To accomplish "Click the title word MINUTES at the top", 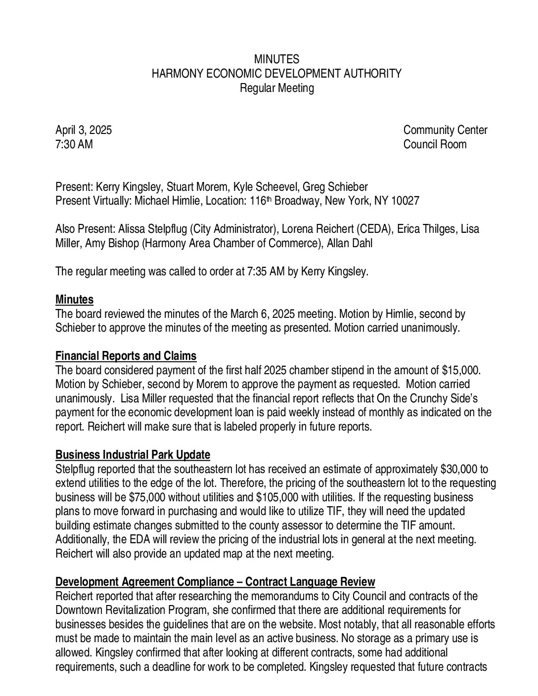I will [x=276, y=60].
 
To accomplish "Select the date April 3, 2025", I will [x=84, y=130].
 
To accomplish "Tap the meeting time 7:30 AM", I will [x=74, y=145].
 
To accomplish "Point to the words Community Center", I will [x=445, y=130].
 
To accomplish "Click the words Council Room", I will [x=435, y=145].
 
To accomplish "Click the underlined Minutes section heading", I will [x=74, y=300].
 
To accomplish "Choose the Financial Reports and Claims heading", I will [x=126, y=356].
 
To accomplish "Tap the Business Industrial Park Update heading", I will [x=133, y=455].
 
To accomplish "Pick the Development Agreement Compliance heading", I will [x=215, y=582].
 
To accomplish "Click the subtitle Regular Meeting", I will [x=276, y=88].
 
